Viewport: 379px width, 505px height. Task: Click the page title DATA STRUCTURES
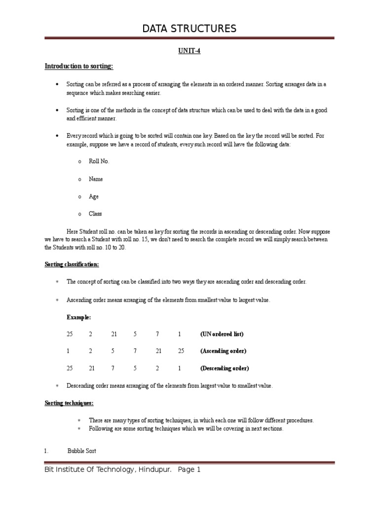coord(189,29)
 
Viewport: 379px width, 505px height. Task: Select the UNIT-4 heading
coord(189,51)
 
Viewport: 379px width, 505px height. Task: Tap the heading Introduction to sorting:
coord(79,66)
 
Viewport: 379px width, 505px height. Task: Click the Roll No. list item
coord(99,161)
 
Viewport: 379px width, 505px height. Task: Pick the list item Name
coord(96,179)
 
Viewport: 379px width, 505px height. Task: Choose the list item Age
coord(94,196)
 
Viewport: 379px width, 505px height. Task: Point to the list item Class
coord(95,214)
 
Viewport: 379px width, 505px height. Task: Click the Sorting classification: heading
coord(72,264)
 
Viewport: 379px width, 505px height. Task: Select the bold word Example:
coord(79,317)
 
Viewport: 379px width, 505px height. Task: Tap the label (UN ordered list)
coord(222,334)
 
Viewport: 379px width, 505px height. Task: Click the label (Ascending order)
coord(223,351)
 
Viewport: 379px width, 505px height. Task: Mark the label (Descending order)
coord(225,368)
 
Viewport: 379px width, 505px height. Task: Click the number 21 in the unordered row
coord(114,334)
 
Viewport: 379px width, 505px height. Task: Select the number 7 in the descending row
coord(113,368)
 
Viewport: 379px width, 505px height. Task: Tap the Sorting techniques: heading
coord(69,403)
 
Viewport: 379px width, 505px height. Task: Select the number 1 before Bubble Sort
coord(46,451)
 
